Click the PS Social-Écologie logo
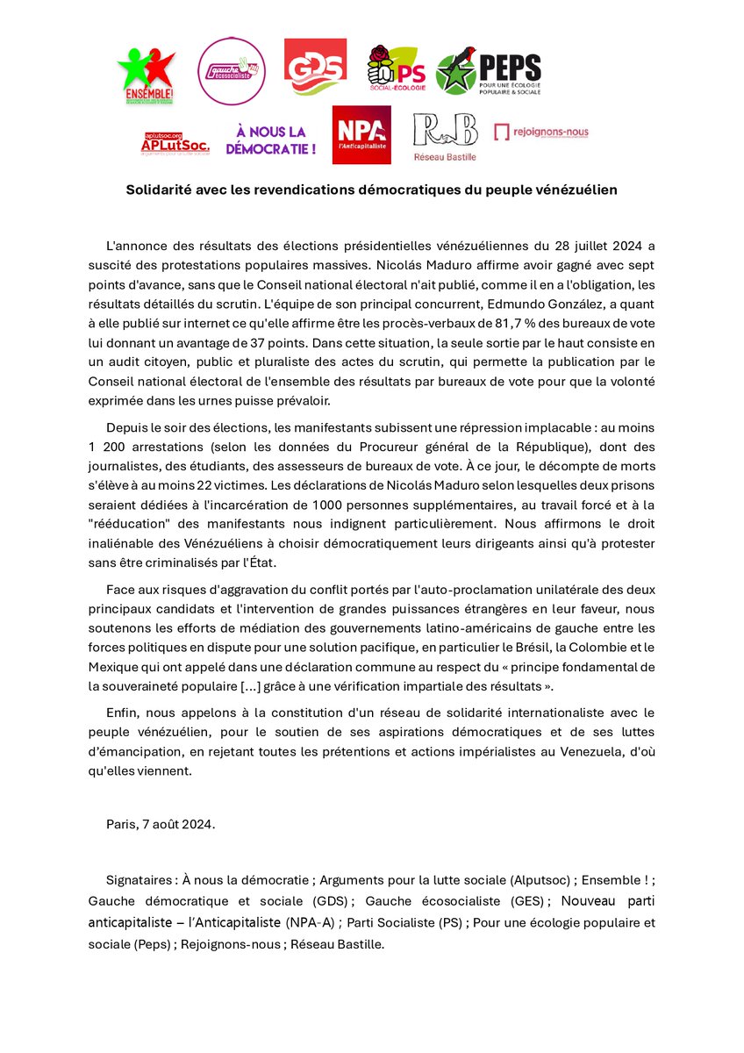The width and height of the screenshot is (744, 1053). coord(396,69)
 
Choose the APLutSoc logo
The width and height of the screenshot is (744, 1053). coord(175,142)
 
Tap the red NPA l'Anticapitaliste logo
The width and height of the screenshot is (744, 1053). coord(361,135)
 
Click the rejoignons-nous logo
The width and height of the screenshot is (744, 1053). coord(541,133)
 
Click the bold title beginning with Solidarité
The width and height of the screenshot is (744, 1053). coord(372,190)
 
